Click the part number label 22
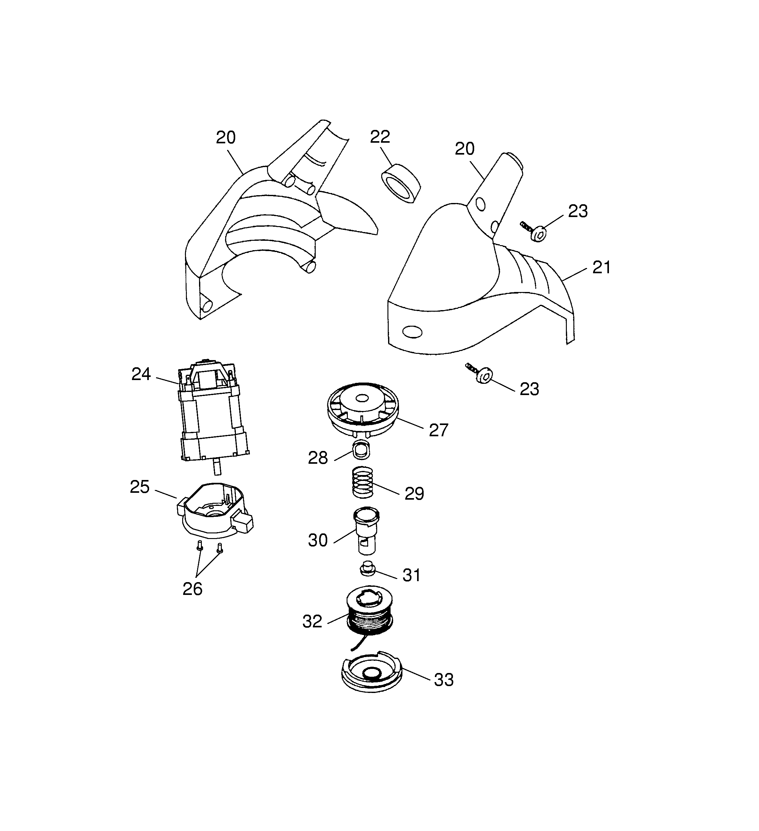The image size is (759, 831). (x=380, y=137)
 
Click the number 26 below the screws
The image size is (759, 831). (x=192, y=589)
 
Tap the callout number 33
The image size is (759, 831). (x=444, y=680)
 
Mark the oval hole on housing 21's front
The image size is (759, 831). (x=412, y=332)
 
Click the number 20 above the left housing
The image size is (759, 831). (x=226, y=138)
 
